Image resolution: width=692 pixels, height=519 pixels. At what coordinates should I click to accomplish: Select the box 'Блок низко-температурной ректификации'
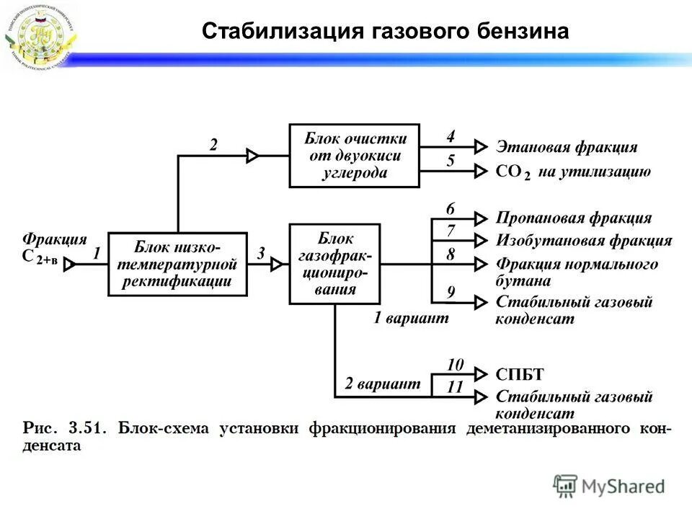point(177,264)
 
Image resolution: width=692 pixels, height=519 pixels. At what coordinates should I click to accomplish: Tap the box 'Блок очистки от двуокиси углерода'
point(355,156)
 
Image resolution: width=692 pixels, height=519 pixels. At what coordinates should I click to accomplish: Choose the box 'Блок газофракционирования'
point(334,264)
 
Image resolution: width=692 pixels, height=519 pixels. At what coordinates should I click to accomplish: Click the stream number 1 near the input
point(96,253)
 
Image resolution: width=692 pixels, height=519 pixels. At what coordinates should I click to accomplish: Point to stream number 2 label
point(213,145)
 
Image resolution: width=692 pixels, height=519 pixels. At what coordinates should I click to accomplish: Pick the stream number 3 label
point(261,253)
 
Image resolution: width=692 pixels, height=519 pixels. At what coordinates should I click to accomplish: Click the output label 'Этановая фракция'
point(567,147)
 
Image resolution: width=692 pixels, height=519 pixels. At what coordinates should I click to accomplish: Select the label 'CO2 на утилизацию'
point(573,172)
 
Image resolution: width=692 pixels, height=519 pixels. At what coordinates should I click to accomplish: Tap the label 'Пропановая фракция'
point(574,218)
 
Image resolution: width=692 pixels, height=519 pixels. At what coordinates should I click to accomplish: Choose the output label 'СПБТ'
point(520,374)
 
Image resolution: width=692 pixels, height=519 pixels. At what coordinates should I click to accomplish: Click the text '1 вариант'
point(411,318)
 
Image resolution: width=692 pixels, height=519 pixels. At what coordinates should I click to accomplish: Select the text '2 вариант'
point(382,384)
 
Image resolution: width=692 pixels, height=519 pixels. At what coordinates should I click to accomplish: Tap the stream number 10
point(455,364)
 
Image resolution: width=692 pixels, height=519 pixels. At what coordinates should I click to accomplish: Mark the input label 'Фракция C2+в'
point(54,247)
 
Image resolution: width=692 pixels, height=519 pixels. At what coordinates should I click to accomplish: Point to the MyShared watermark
point(609,487)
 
